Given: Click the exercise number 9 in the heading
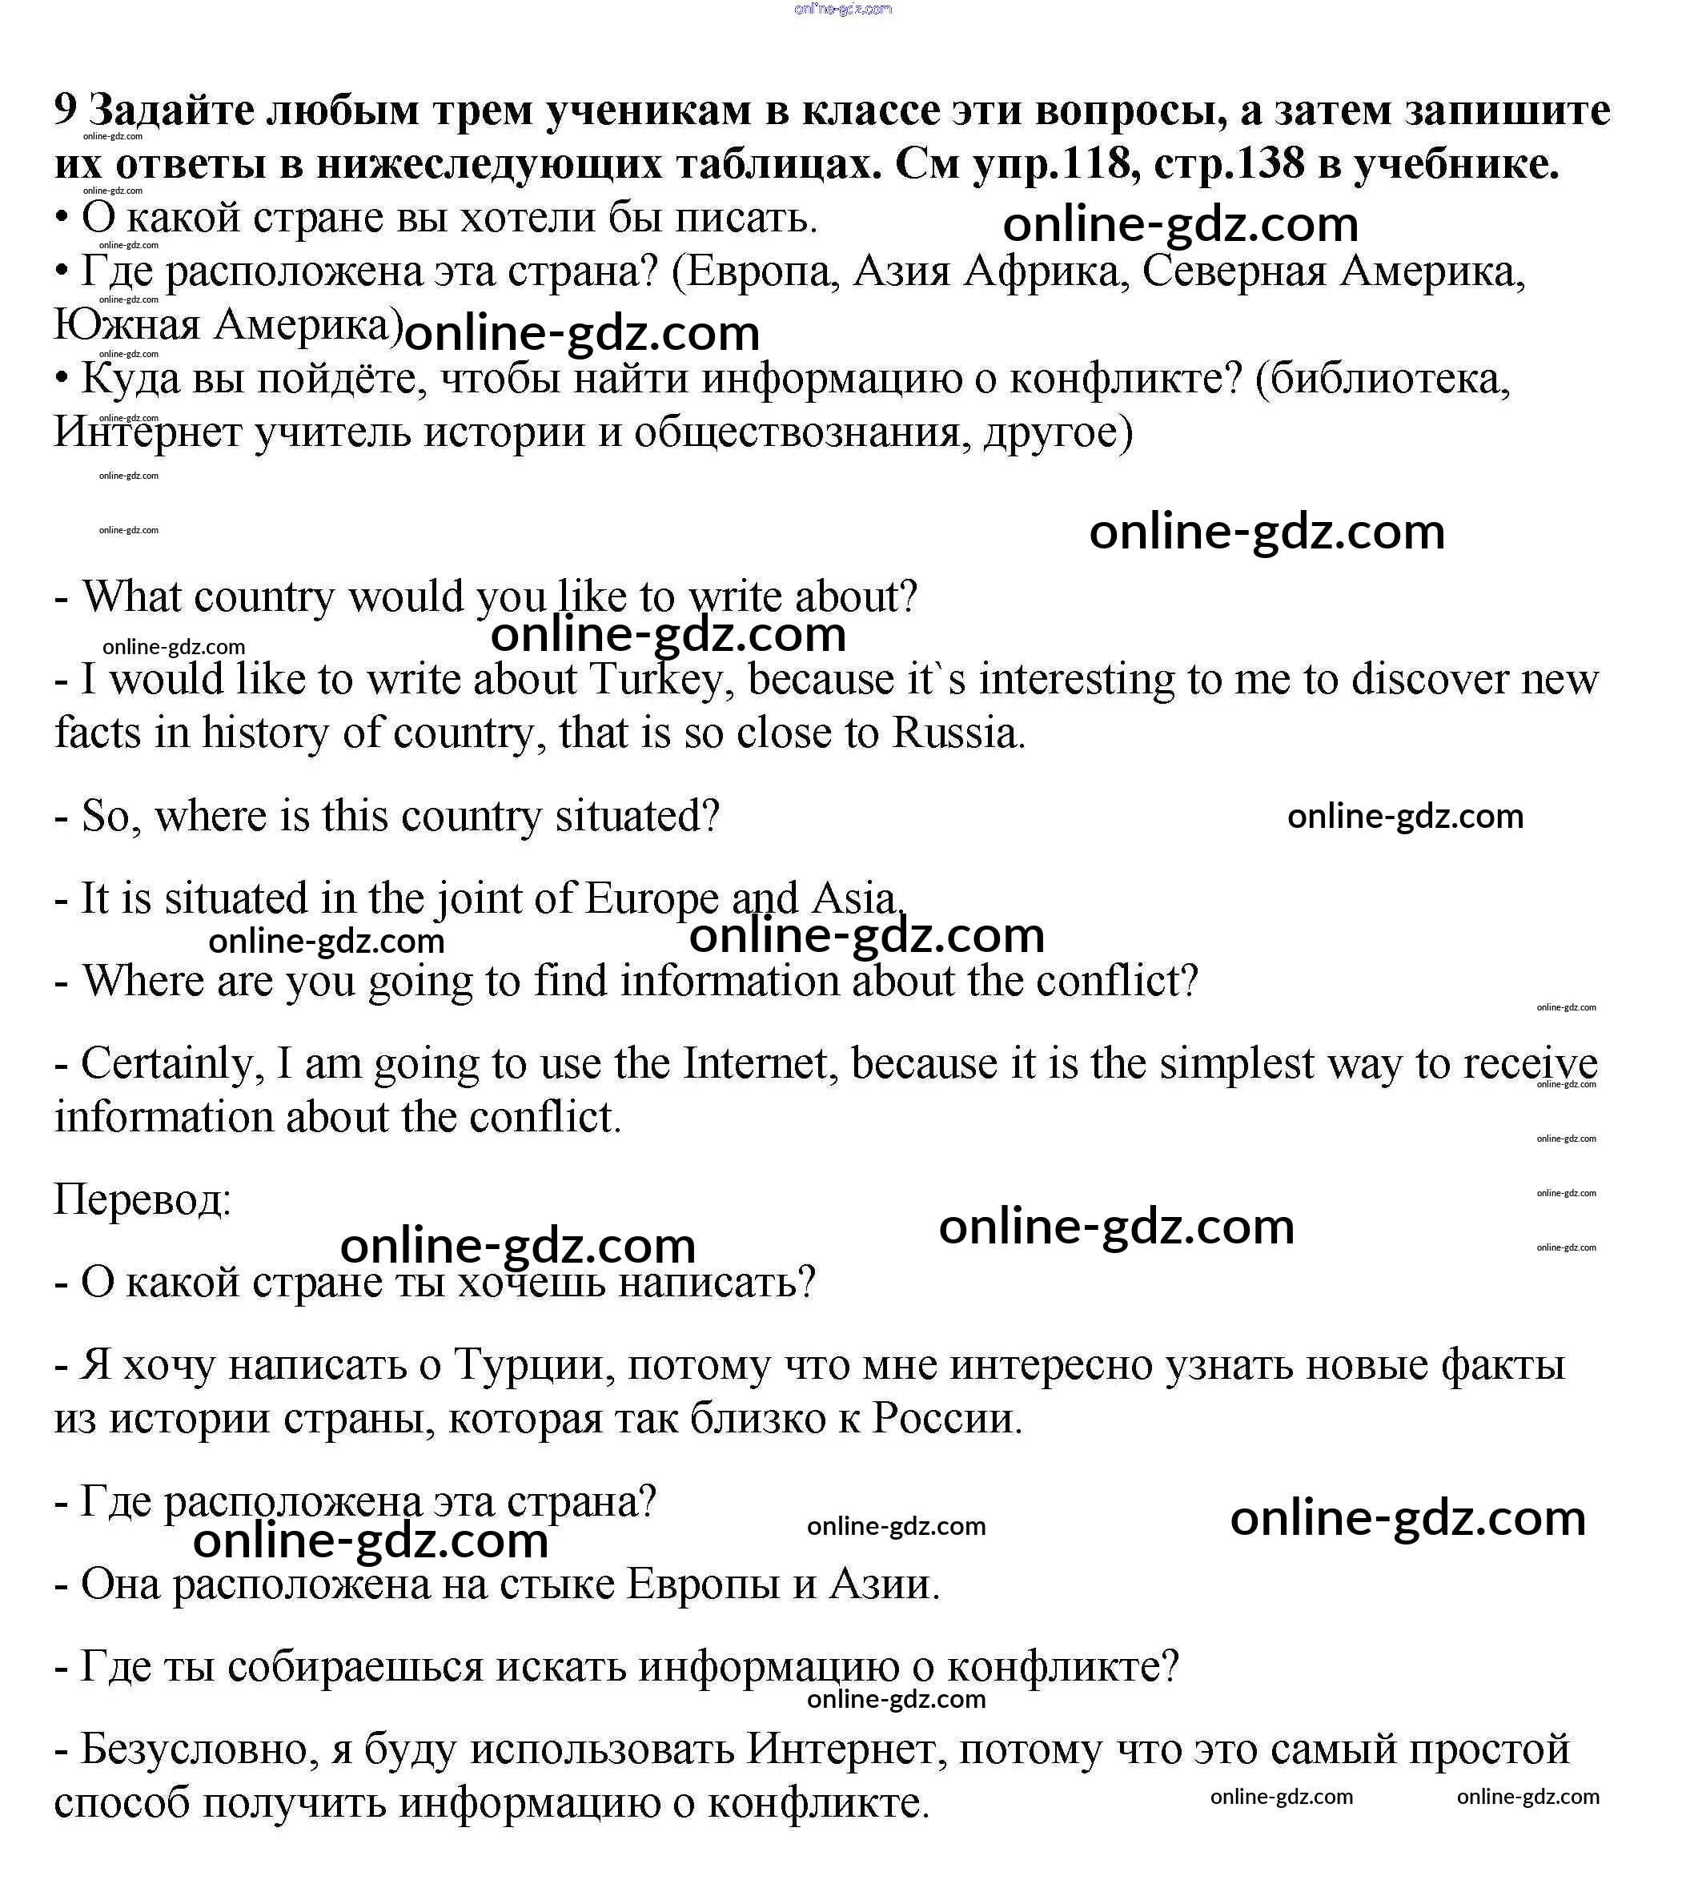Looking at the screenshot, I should tap(64, 110).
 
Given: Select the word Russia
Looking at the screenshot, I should tap(959, 733).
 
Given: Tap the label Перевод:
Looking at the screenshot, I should tap(142, 1199).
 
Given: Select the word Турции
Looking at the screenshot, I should tap(528, 1364).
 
